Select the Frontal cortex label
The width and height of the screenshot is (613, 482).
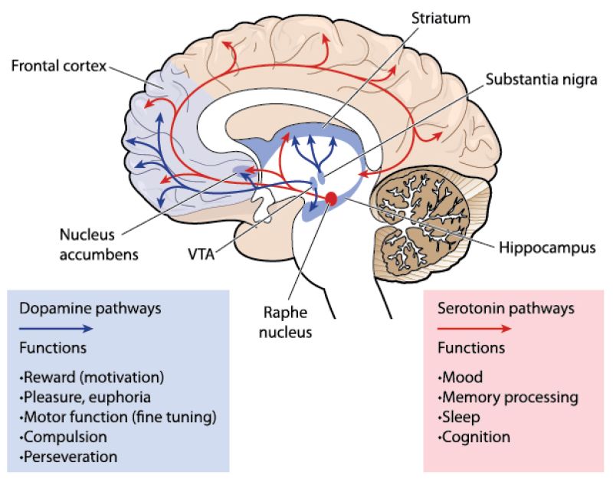point(58,64)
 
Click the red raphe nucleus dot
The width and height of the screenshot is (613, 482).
point(330,198)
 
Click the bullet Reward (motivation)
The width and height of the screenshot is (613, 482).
point(93,378)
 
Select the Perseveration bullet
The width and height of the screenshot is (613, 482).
point(69,457)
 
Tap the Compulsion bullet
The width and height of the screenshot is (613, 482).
point(65,437)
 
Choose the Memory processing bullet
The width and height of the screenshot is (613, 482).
point(508,398)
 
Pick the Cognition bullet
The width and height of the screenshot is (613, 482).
point(474,437)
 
